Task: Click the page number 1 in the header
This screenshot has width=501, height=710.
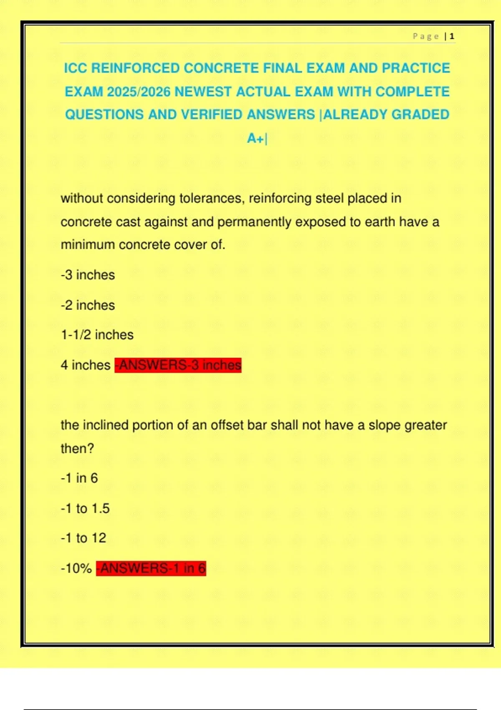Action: coord(452,36)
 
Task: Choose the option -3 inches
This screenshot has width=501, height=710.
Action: coord(88,275)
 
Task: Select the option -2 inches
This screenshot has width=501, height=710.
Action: coord(88,305)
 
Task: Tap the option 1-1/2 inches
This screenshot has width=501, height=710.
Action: coord(97,335)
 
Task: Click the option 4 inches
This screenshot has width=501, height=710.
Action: coord(85,365)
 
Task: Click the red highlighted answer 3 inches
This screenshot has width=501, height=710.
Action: coord(178,365)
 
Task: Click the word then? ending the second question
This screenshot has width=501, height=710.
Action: coord(77,449)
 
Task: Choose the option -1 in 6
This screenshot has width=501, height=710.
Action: coord(79,478)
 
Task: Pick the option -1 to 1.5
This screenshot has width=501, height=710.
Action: coord(85,508)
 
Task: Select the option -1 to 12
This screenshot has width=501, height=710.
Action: coord(83,538)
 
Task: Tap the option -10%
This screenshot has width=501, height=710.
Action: coord(76,568)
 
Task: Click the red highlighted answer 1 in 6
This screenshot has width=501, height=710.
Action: coord(151,568)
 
